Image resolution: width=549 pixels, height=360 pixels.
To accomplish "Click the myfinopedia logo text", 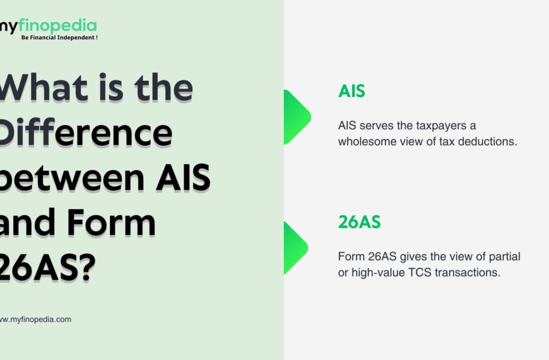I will coord(49,26).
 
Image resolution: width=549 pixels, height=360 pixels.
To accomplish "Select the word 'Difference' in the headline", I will coord(85,133).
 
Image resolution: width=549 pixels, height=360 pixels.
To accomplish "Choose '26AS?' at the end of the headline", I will coord(47,269).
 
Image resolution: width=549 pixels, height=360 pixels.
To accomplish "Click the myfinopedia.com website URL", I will coord(35,320).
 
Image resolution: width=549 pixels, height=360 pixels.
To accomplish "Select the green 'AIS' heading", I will coord(351,91).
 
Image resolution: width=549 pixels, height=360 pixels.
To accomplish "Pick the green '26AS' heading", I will coord(359,222).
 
